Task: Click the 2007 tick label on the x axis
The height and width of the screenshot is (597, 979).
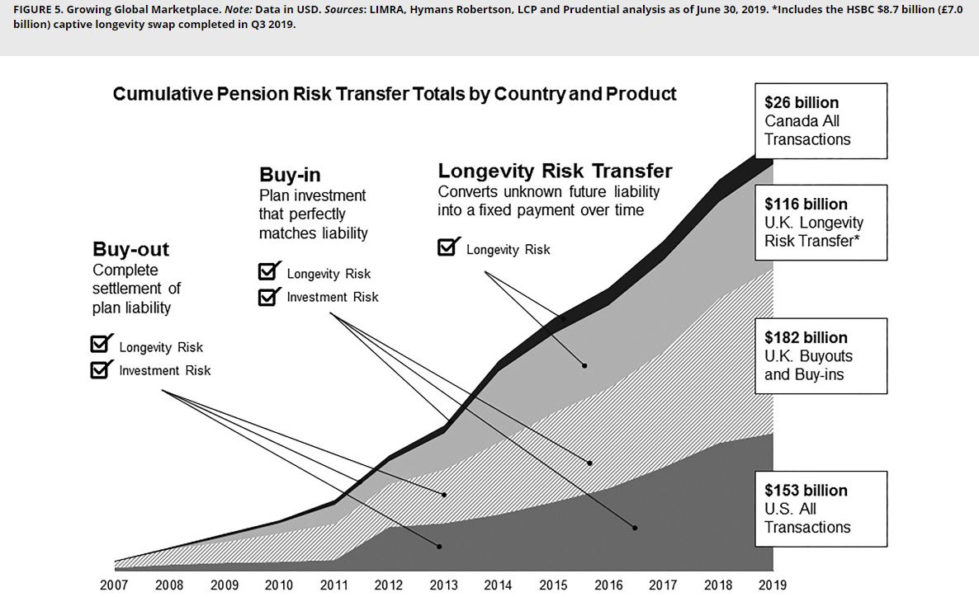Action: coord(114,585)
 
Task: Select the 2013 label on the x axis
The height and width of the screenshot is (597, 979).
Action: coord(443,585)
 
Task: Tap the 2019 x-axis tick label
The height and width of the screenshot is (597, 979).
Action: coord(773,585)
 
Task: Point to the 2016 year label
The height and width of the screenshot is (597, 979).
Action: coord(608,585)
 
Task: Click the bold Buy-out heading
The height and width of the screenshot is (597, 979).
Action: coord(130,249)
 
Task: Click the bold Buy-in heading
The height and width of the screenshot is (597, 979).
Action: coord(290,175)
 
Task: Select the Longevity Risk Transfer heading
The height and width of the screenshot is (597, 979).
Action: coord(555,171)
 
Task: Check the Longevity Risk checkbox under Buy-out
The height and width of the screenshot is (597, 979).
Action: coord(102,346)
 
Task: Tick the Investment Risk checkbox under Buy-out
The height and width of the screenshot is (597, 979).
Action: coord(102,370)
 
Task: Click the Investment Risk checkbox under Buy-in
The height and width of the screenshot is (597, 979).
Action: coord(268,297)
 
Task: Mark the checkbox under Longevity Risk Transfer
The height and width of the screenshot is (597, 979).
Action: coord(447,248)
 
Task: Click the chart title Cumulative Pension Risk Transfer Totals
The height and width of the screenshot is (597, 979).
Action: coord(394,94)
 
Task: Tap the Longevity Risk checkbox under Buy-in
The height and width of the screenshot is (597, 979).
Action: coord(268,273)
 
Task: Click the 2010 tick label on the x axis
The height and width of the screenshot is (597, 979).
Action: coord(278,585)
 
